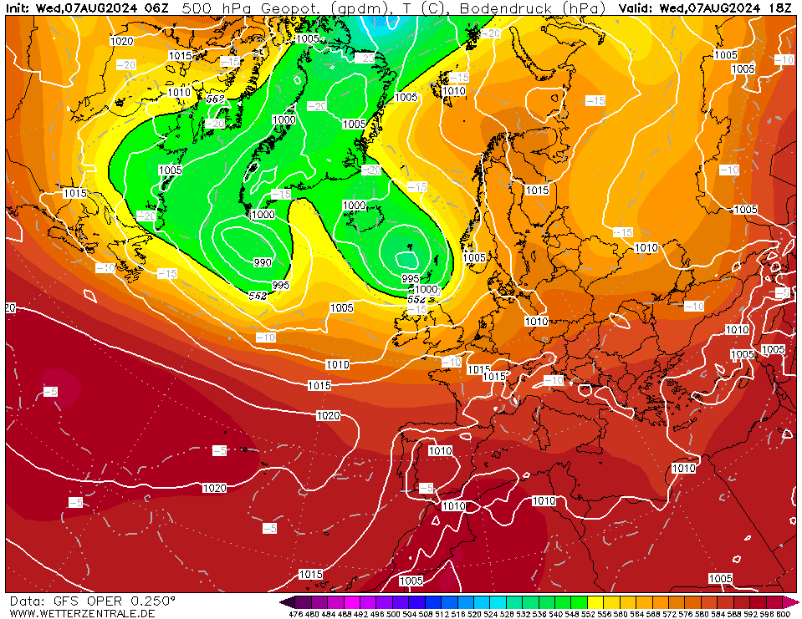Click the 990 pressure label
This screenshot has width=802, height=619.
click(263, 262)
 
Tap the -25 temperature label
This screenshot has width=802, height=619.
click(365, 58)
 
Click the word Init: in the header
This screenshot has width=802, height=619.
click(18, 8)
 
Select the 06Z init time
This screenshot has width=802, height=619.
click(156, 8)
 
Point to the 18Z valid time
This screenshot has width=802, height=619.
click(781, 8)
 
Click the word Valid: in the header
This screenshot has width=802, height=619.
click(637, 8)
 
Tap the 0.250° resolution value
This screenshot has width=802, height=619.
click(152, 601)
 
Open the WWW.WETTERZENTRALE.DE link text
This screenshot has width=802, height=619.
click(82, 614)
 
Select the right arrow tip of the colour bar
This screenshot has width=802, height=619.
click(797, 601)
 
